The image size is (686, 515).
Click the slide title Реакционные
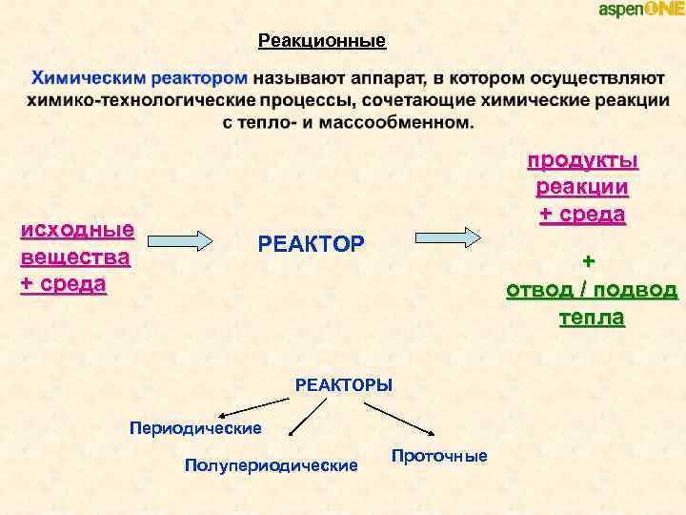tap(322, 41)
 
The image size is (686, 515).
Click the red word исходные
tap(77, 230)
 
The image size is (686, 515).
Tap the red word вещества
tap(75, 257)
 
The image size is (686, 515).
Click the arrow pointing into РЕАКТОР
tap(182, 239)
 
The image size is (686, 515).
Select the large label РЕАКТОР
tap(311, 244)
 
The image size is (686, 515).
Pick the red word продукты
tap(582, 159)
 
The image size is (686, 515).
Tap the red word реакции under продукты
tap(582, 186)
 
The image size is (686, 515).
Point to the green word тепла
tap(592, 318)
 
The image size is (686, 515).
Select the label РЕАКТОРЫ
tap(344, 384)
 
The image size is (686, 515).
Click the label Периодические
tap(195, 427)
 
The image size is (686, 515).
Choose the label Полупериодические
tap(272, 465)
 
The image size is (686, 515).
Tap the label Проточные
tap(439, 456)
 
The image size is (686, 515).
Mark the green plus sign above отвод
tap(589, 260)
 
